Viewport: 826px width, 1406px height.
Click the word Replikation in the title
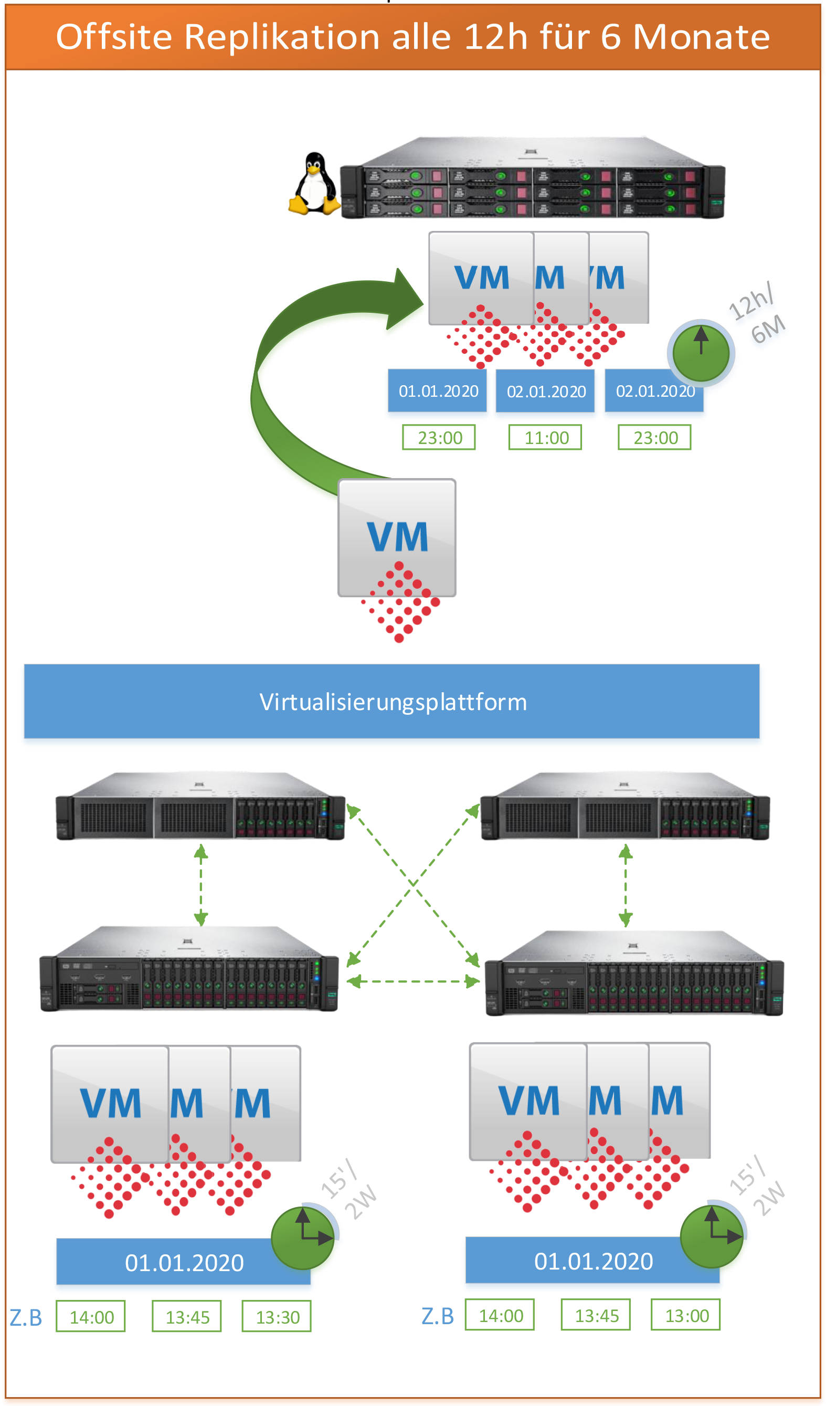point(282,37)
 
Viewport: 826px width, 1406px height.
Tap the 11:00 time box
point(545,437)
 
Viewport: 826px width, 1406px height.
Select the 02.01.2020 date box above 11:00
point(545,391)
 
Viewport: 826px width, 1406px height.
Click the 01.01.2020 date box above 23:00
point(438,390)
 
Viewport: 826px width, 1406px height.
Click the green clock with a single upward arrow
point(701,353)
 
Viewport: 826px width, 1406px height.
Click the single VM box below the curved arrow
point(397,537)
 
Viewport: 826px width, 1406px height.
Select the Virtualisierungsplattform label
point(392,701)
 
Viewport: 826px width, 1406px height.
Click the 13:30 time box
point(277,1317)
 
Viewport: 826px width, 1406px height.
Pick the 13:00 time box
point(685,1316)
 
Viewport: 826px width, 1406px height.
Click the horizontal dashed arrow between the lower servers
point(412,981)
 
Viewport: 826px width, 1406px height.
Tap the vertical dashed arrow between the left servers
point(201,885)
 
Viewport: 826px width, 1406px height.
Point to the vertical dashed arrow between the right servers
point(625,885)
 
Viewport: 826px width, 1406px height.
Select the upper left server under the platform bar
point(201,806)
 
